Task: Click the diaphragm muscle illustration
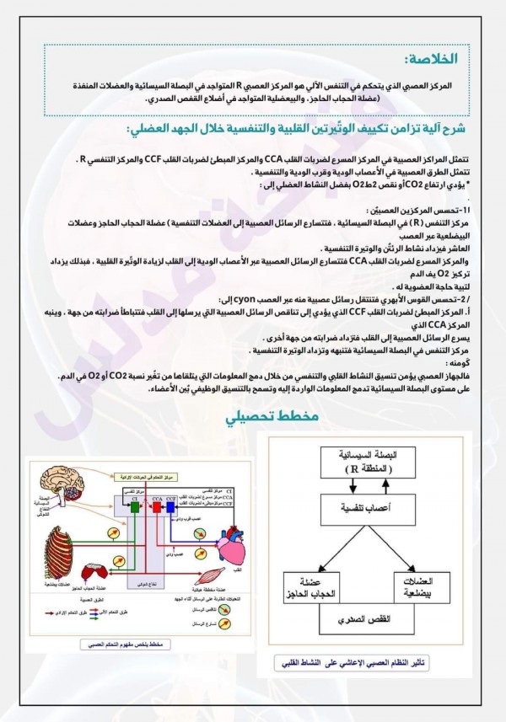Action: point(94,574)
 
